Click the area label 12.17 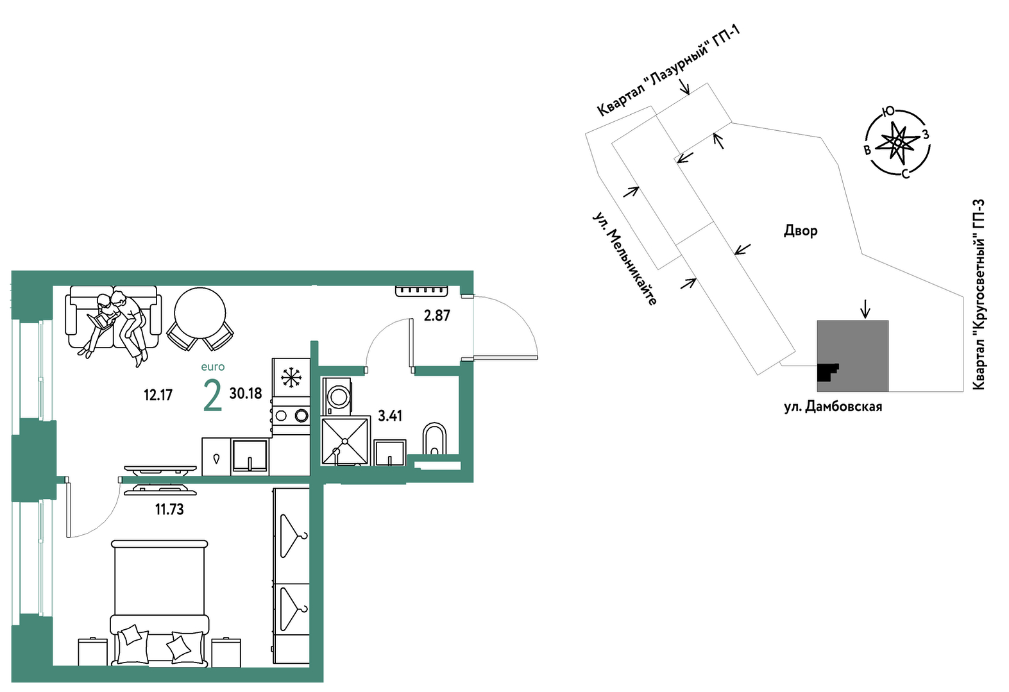[x=158, y=395]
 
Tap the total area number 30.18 [x=246, y=394]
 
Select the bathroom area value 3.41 [x=389, y=416]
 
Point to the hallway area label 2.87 [x=437, y=316]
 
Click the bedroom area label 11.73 [x=169, y=510]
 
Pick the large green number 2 [x=212, y=396]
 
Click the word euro [x=212, y=367]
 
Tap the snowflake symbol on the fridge [x=291, y=377]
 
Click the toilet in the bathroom [x=434, y=439]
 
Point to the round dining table [x=200, y=314]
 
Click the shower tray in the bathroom [x=345, y=441]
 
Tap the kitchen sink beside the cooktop [x=250, y=457]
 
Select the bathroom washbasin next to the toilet [x=390, y=453]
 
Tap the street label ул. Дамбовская [x=833, y=407]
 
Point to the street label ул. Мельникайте [x=624, y=258]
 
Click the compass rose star [x=898, y=142]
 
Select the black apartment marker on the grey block [x=827, y=373]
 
